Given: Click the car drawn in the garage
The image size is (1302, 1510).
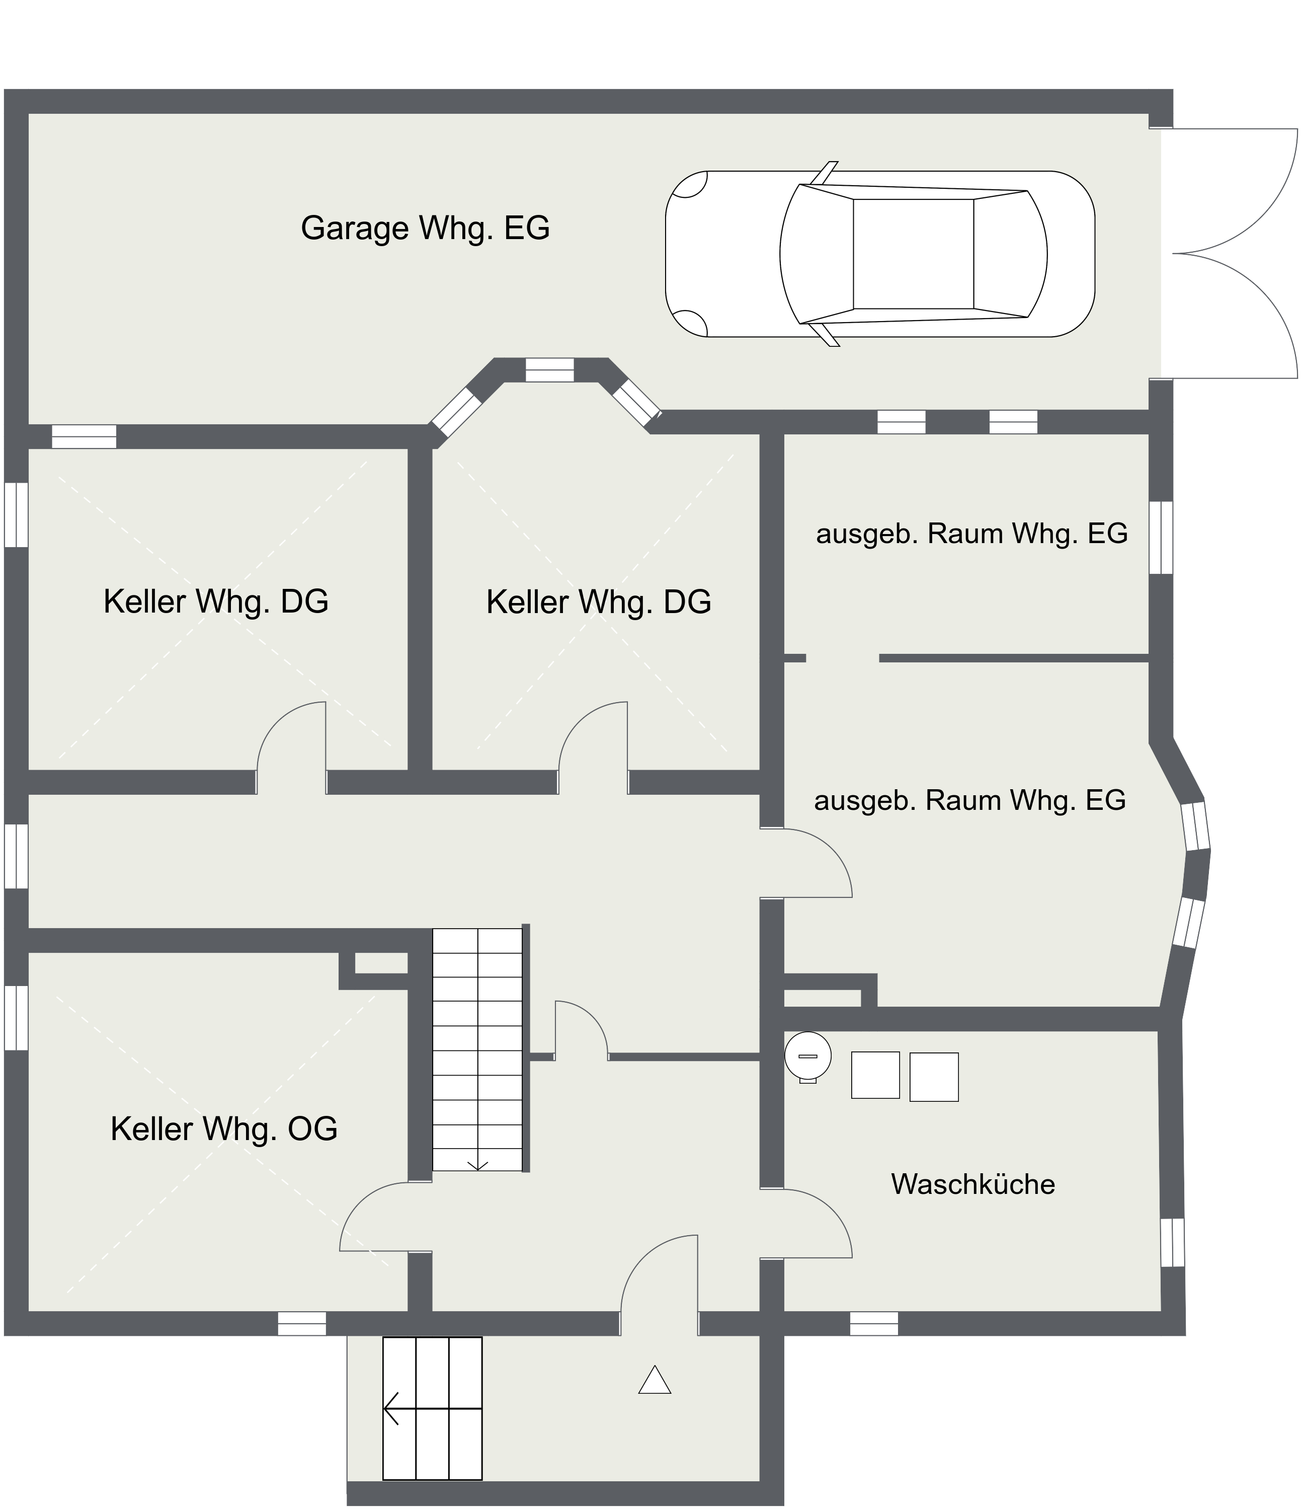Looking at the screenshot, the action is coord(879,254).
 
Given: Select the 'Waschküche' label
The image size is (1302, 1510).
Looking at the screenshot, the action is coord(972,1184).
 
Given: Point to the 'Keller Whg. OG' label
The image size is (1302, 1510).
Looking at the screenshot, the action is coord(224,1129).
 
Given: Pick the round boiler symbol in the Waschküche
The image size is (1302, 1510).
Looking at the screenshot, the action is coord(808,1056).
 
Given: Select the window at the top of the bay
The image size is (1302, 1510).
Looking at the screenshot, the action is coord(549,370).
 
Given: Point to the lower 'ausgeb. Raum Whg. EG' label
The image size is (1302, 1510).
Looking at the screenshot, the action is coord(970,801).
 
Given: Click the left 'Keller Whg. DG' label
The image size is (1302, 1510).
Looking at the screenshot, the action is coord(216,602).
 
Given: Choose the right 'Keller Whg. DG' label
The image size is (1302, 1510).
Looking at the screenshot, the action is coord(598,602).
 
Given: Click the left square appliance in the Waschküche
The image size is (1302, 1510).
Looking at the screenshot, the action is coord(875,1075).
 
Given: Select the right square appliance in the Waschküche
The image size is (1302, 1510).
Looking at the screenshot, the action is coord(934,1077).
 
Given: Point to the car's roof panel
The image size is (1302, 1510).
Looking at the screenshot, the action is coord(913,254).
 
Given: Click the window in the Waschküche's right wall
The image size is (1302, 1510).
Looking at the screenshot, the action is coord(1172,1243).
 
